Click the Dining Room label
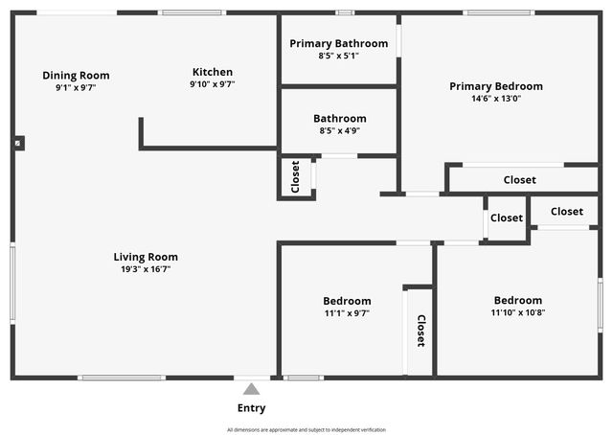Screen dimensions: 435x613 coord(76,76)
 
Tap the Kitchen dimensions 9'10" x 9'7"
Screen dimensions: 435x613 coord(213,84)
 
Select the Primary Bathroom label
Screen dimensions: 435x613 coord(339,43)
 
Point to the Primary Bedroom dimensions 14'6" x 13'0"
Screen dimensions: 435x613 coord(496,99)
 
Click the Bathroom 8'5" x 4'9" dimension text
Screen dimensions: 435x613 coord(339,131)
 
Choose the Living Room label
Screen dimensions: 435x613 coord(146,257)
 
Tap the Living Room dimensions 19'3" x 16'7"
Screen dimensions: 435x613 coord(146,269)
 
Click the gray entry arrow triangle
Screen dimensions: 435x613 coord(251,389)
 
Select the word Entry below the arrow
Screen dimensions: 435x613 coord(251,408)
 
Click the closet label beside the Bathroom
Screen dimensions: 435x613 coord(295,177)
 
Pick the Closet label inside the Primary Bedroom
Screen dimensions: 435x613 coord(519,180)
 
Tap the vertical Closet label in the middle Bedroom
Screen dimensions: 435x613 coord(420,331)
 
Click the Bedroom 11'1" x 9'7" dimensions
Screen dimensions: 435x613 coord(347,312)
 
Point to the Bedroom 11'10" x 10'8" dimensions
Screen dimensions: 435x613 coord(517,312)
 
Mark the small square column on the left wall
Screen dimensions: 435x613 coord(18,143)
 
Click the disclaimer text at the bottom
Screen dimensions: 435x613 coord(306,429)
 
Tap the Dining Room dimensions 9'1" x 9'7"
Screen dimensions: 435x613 coord(76,87)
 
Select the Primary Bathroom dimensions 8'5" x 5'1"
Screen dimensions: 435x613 coord(339,56)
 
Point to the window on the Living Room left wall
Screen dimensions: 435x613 coord(12,283)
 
